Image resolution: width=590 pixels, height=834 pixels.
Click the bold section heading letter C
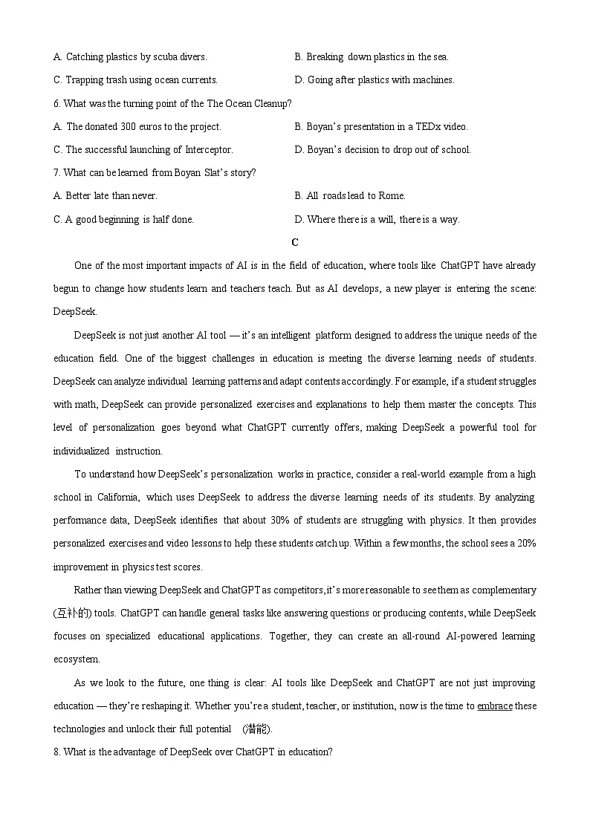[x=295, y=242]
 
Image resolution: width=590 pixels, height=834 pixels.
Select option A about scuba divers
[x=130, y=56]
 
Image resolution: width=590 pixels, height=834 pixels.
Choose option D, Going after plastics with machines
[x=374, y=79]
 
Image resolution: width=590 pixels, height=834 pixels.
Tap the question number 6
[x=56, y=103]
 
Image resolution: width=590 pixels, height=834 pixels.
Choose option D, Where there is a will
[x=377, y=219]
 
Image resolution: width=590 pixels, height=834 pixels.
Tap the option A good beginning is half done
[x=123, y=219]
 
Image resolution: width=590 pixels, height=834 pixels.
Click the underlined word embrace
[x=494, y=706]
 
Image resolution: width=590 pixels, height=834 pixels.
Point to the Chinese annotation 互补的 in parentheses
[x=73, y=613]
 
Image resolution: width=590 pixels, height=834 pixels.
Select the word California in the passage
[x=117, y=497]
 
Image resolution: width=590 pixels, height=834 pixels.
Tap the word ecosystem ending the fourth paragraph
[x=76, y=659]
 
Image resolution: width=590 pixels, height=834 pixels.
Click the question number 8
[x=56, y=752]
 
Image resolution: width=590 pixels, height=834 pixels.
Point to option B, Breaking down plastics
[x=372, y=56]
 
